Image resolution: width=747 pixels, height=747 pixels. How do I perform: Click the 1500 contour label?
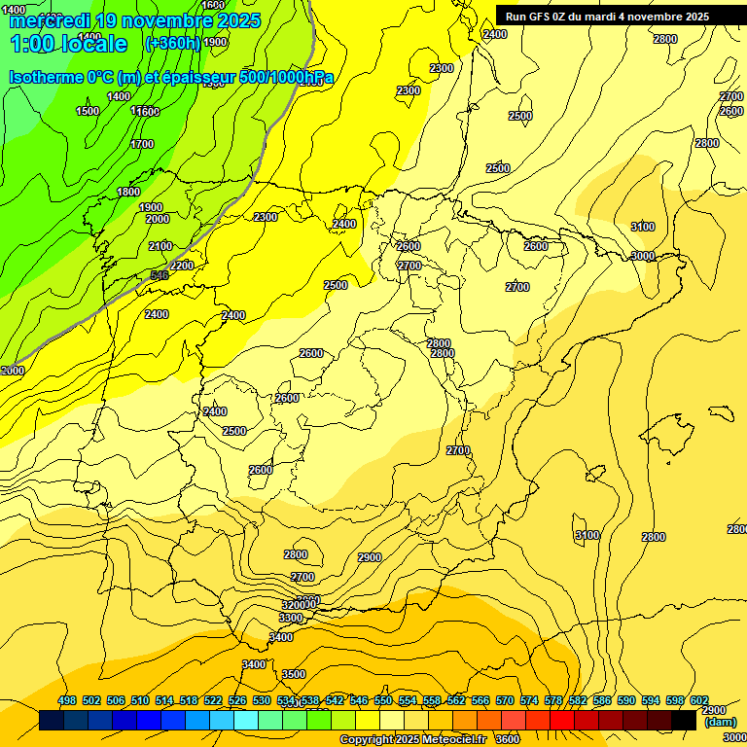tap(88, 112)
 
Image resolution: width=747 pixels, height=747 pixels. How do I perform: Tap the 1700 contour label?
tap(142, 144)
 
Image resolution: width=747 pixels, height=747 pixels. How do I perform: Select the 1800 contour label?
tap(128, 192)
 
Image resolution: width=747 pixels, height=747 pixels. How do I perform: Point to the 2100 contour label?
tap(160, 246)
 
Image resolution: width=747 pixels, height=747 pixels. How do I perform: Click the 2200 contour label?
tap(182, 266)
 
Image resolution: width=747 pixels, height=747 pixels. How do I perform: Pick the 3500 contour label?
tap(293, 674)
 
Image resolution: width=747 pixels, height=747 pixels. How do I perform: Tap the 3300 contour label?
tap(291, 618)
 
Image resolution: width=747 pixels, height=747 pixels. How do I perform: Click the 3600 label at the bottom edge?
tap(507, 739)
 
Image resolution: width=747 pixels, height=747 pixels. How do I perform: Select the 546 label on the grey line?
tap(160, 276)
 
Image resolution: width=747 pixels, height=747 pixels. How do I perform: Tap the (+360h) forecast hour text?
tap(172, 44)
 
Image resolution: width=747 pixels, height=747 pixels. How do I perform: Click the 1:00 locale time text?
tap(69, 44)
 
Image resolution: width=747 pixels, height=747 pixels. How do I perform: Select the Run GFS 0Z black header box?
tap(620, 17)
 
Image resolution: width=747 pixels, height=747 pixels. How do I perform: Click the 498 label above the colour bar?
tap(67, 700)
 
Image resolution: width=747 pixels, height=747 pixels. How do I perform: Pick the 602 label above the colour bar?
tap(698, 700)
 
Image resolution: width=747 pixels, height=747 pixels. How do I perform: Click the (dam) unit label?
tap(720, 722)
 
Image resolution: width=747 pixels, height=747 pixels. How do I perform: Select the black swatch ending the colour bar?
tap(684, 721)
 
